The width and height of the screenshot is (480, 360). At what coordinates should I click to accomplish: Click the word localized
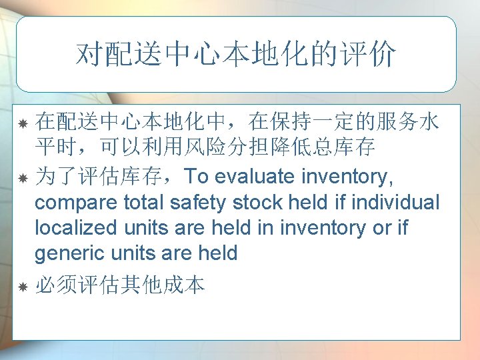[x=74, y=227]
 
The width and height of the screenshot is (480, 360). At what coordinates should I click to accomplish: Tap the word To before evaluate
[x=196, y=177]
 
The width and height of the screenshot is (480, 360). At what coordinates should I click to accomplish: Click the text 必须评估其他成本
[x=120, y=286]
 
